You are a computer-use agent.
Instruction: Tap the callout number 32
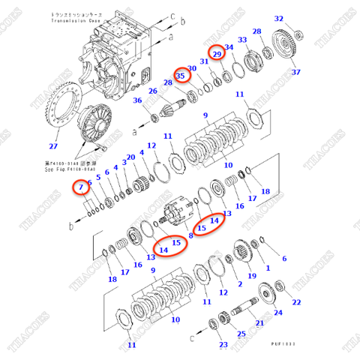coord(279,19)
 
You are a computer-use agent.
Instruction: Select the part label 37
coord(295,72)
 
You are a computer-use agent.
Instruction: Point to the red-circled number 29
coord(217,53)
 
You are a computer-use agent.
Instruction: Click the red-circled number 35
coord(181,75)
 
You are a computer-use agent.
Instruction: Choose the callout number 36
coord(137,101)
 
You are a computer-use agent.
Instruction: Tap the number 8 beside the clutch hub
coord(190,235)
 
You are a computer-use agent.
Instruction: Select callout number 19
coord(251,276)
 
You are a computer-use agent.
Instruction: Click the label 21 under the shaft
coord(259,323)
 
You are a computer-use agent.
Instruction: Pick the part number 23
coord(223,344)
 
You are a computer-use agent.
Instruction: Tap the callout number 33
coord(242,39)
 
